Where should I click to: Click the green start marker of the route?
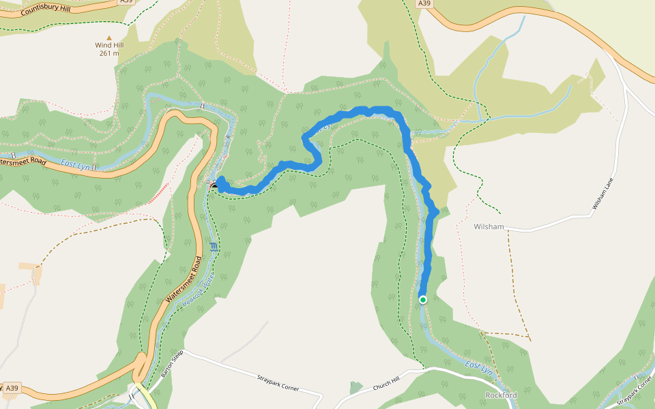pos(422,299)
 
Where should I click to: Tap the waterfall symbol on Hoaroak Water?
pos(214,247)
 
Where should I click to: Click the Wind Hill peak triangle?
pos(108,37)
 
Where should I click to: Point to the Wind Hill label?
pos(109,45)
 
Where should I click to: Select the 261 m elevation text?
pos(109,53)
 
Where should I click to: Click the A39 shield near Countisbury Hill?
pos(126,2)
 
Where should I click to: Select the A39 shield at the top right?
pos(424,3)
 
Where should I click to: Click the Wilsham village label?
pos(489,225)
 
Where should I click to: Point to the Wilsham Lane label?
pos(603,194)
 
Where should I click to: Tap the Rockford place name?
pos(501,395)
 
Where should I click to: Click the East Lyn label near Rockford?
pos(478,369)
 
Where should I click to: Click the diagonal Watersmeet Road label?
pos(184,279)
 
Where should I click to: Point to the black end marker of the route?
pos(216,185)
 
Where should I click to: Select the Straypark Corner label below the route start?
pos(278,382)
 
